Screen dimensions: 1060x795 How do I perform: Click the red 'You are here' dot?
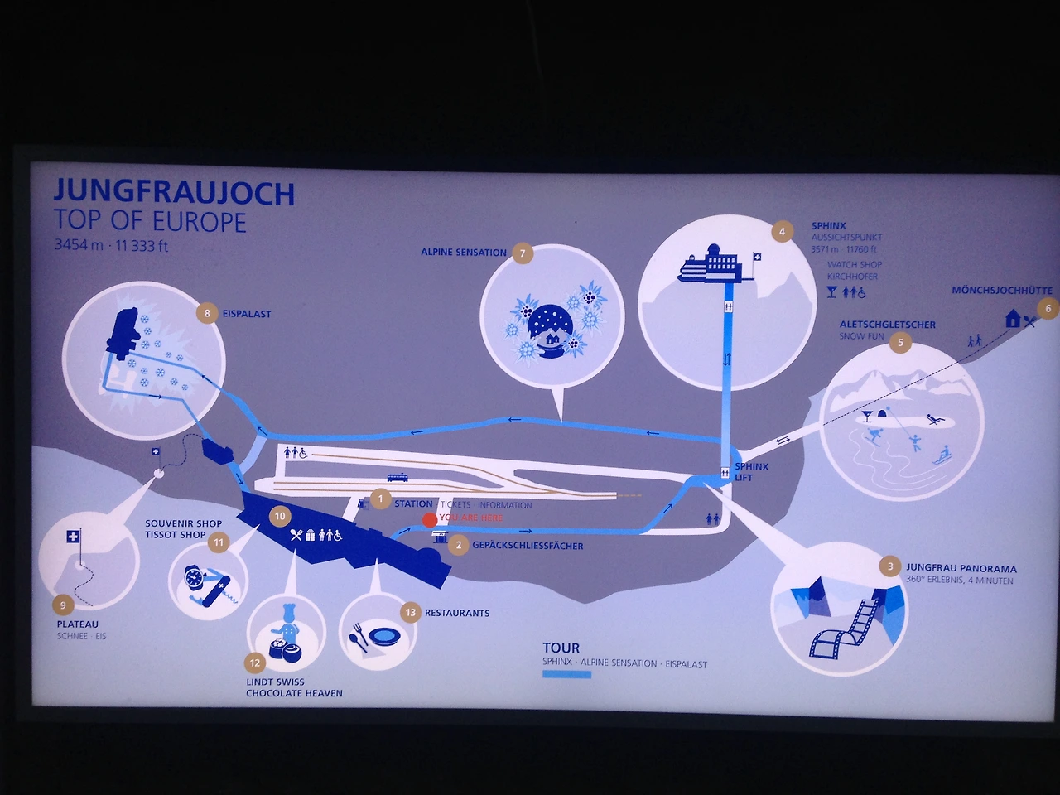tap(429, 520)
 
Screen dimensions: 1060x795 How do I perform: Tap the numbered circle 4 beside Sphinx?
tap(782, 232)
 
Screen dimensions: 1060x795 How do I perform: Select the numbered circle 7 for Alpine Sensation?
tap(523, 253)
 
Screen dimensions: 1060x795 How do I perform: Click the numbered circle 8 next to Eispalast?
tap(207, 313)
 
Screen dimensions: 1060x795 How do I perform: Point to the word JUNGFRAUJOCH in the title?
tap(174, 192)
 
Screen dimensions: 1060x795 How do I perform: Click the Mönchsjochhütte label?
tap(1001, 291)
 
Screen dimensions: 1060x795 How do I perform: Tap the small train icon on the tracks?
tap(397, 477)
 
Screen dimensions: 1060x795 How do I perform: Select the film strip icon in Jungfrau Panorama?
tap(845, 629)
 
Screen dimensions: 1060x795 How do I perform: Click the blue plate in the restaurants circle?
tap(385, 636)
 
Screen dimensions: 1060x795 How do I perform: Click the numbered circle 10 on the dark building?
tap(280, 516)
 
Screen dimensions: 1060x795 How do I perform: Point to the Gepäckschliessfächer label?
tap(528, 546)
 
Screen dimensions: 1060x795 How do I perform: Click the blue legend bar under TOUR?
tap(566, 675)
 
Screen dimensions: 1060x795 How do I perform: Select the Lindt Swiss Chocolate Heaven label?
tap(294, 687)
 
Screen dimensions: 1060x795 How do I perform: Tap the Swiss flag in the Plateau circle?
tap(74, 537)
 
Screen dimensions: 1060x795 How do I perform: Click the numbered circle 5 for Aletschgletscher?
tap(900, 342)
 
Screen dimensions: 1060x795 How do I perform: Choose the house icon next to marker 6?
tap(1012, 318)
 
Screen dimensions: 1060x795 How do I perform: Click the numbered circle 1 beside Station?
tap(380, 499)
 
